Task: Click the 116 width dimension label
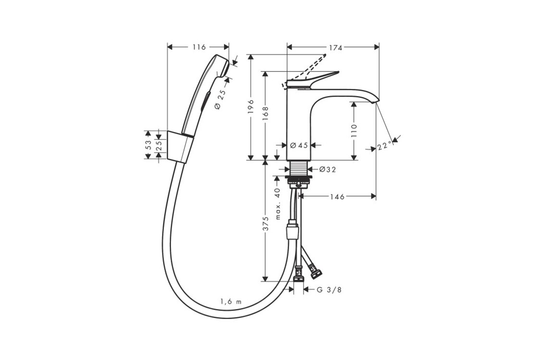coord(199,47)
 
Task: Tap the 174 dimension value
coord(336,48)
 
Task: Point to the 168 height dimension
coord(265,113)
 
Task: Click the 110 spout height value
coord(354,131)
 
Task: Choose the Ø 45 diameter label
coord(299,145)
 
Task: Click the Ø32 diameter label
coord(327,169)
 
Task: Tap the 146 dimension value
coord(337,196)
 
